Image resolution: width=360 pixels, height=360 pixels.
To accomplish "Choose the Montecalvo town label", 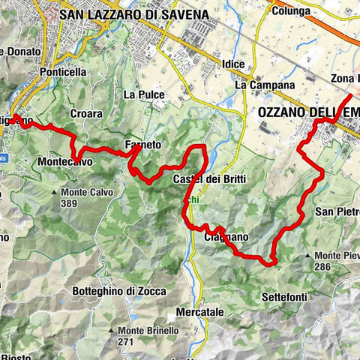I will pyautogui.click(x=64, y=161).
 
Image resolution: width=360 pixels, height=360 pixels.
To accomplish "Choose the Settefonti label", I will pyautogui.click(x=285, y=298).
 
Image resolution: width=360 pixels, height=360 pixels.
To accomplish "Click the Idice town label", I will pyautogui.click(x=233, y=64).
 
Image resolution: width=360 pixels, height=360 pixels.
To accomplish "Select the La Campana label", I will pyautogui.click(x=265, y=85).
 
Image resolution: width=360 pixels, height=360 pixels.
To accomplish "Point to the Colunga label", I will pyautogui.click(x=293, y=11).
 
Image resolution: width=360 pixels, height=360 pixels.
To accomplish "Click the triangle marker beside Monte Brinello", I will pyautogui.click(x=111, y=330).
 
